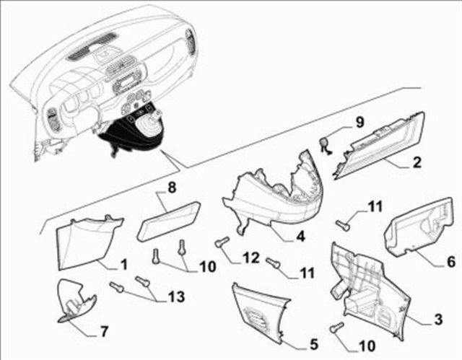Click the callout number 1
point(123,265)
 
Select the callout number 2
point(417,163)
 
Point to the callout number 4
point(300,236)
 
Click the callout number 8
point(172,188)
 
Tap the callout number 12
point(250,258)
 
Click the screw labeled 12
point(222,242)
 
